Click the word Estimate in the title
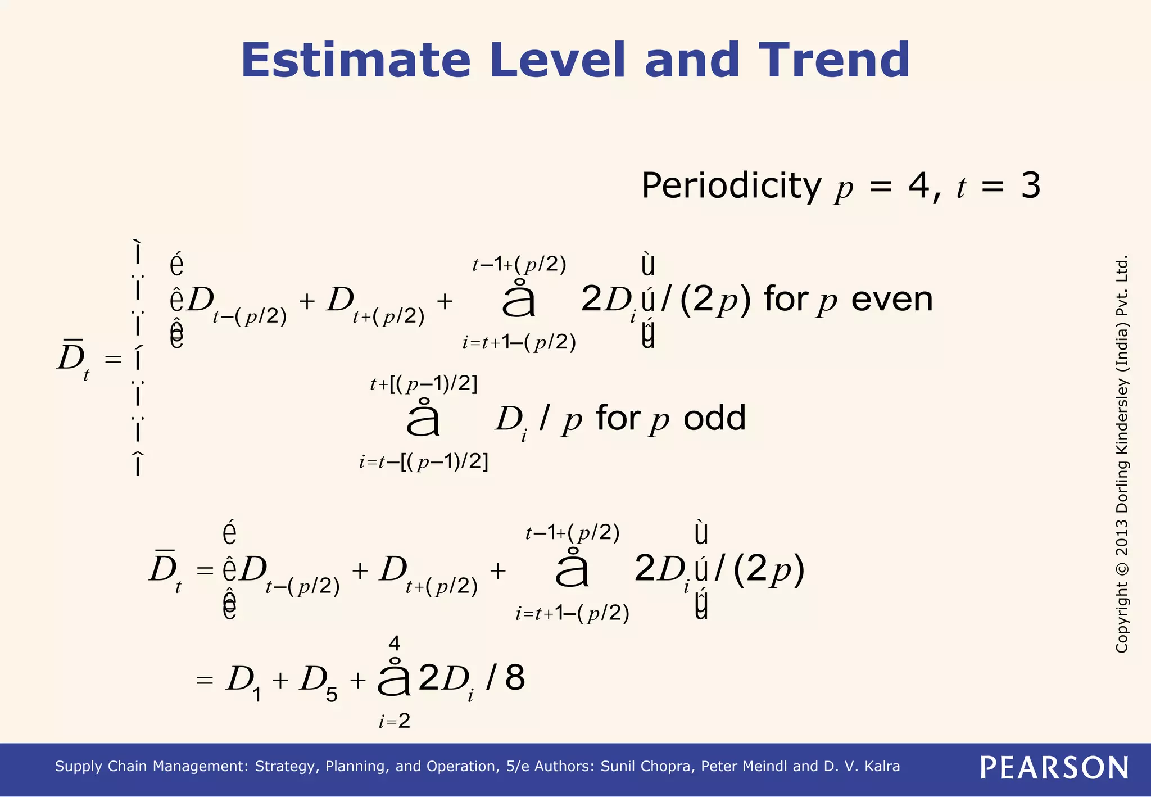tap(355, 60)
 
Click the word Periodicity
tap(731, 186)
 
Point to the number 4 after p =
tap(919, 186)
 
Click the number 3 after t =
tap(1031, 186)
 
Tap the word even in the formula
tap(892, 299)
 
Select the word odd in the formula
tap(714, 418)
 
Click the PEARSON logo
tap(1054, 768)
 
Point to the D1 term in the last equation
tap(243, 682)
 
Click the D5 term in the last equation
tap(318, 682)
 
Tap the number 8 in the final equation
tap(515, 677)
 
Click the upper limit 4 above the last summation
tap(395, 643)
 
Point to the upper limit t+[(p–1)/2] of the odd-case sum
tap(424, 384)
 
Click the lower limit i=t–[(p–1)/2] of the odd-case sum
tap(424, 462)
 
